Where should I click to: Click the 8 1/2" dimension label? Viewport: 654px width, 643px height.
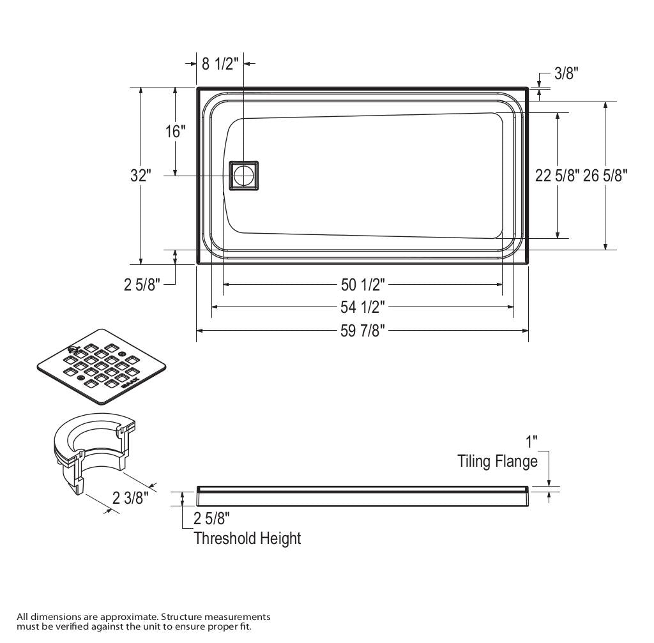tap(220, 63)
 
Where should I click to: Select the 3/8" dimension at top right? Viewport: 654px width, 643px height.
tap(566, 73)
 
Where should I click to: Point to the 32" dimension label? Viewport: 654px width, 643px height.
tap(141, 175)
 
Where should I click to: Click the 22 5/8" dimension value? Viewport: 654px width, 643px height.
tap(557, 175)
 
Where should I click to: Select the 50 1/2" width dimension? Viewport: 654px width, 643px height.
tap(362, 284)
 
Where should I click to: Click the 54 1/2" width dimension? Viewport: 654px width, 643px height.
tap(362, 307)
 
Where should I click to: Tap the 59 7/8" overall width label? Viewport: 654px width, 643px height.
tap(362, 331)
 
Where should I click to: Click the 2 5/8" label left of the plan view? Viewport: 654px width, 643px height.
tap(141, 284)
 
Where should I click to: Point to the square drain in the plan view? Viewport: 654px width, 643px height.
tap(243, 174)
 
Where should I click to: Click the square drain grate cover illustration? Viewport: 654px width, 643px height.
tap(102, 367)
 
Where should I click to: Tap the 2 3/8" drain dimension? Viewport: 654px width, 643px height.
tap(130, 497)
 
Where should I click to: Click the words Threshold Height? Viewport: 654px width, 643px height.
tap(247, 538)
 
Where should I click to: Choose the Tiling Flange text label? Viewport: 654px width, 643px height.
tap(498, 461)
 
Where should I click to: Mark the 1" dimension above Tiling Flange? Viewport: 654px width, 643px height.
tap(531, 441)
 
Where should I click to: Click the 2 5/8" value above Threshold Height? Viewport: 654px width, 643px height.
tap(211, 518)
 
